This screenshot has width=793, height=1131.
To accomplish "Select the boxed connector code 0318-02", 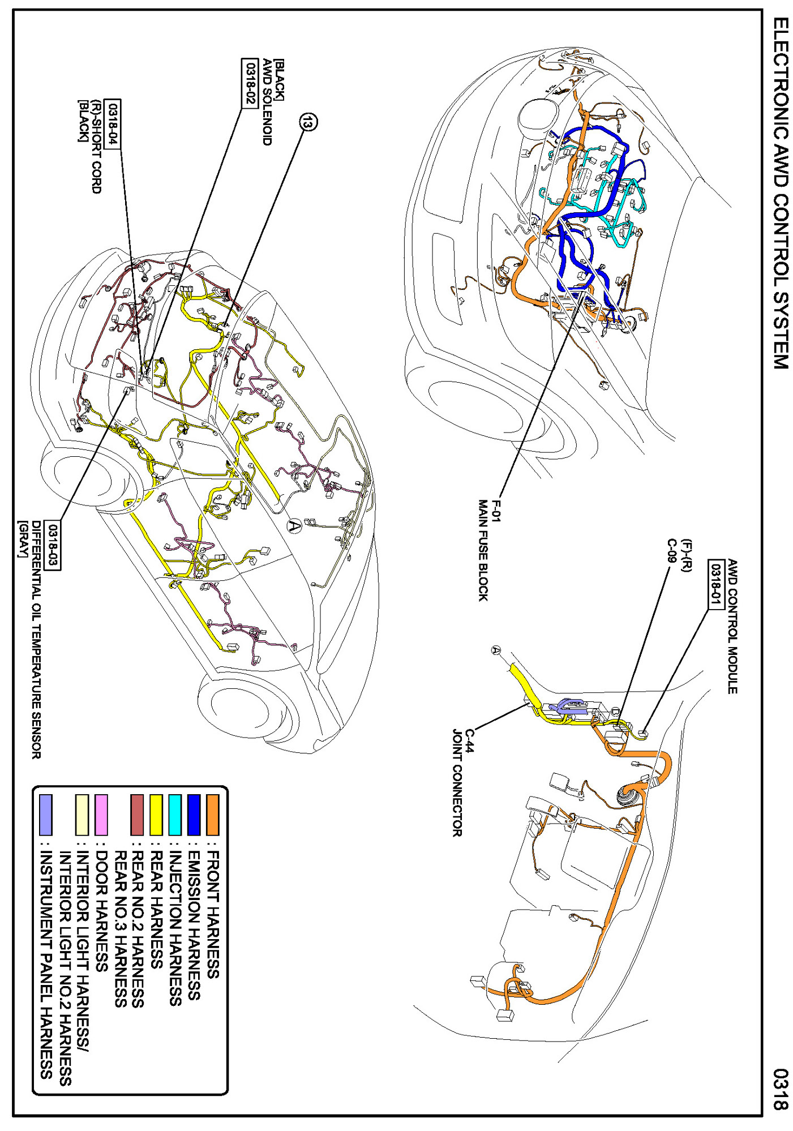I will click(x=250, y=82).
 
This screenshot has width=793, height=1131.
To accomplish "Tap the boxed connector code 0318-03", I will click(x=52, y=545).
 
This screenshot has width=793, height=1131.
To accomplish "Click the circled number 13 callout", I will click(x=308, y=121).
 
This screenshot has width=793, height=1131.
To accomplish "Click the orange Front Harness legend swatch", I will click(x=212, y=815).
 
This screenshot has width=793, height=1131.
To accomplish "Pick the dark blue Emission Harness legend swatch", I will click(x=194, y=815).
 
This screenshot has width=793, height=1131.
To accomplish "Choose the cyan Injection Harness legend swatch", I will click(x=175, y=815).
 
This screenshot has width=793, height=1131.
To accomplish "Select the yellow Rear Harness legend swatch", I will click(x=156, y=815).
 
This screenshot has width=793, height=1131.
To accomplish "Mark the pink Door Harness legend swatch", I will click(x=101, y=815).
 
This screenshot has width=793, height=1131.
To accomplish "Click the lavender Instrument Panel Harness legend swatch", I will click(x=46, y=815).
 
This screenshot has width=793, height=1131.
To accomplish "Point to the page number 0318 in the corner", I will click(x=781, y=1090).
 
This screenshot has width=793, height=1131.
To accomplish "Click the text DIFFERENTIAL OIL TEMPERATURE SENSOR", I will click(x=36, y=640).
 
